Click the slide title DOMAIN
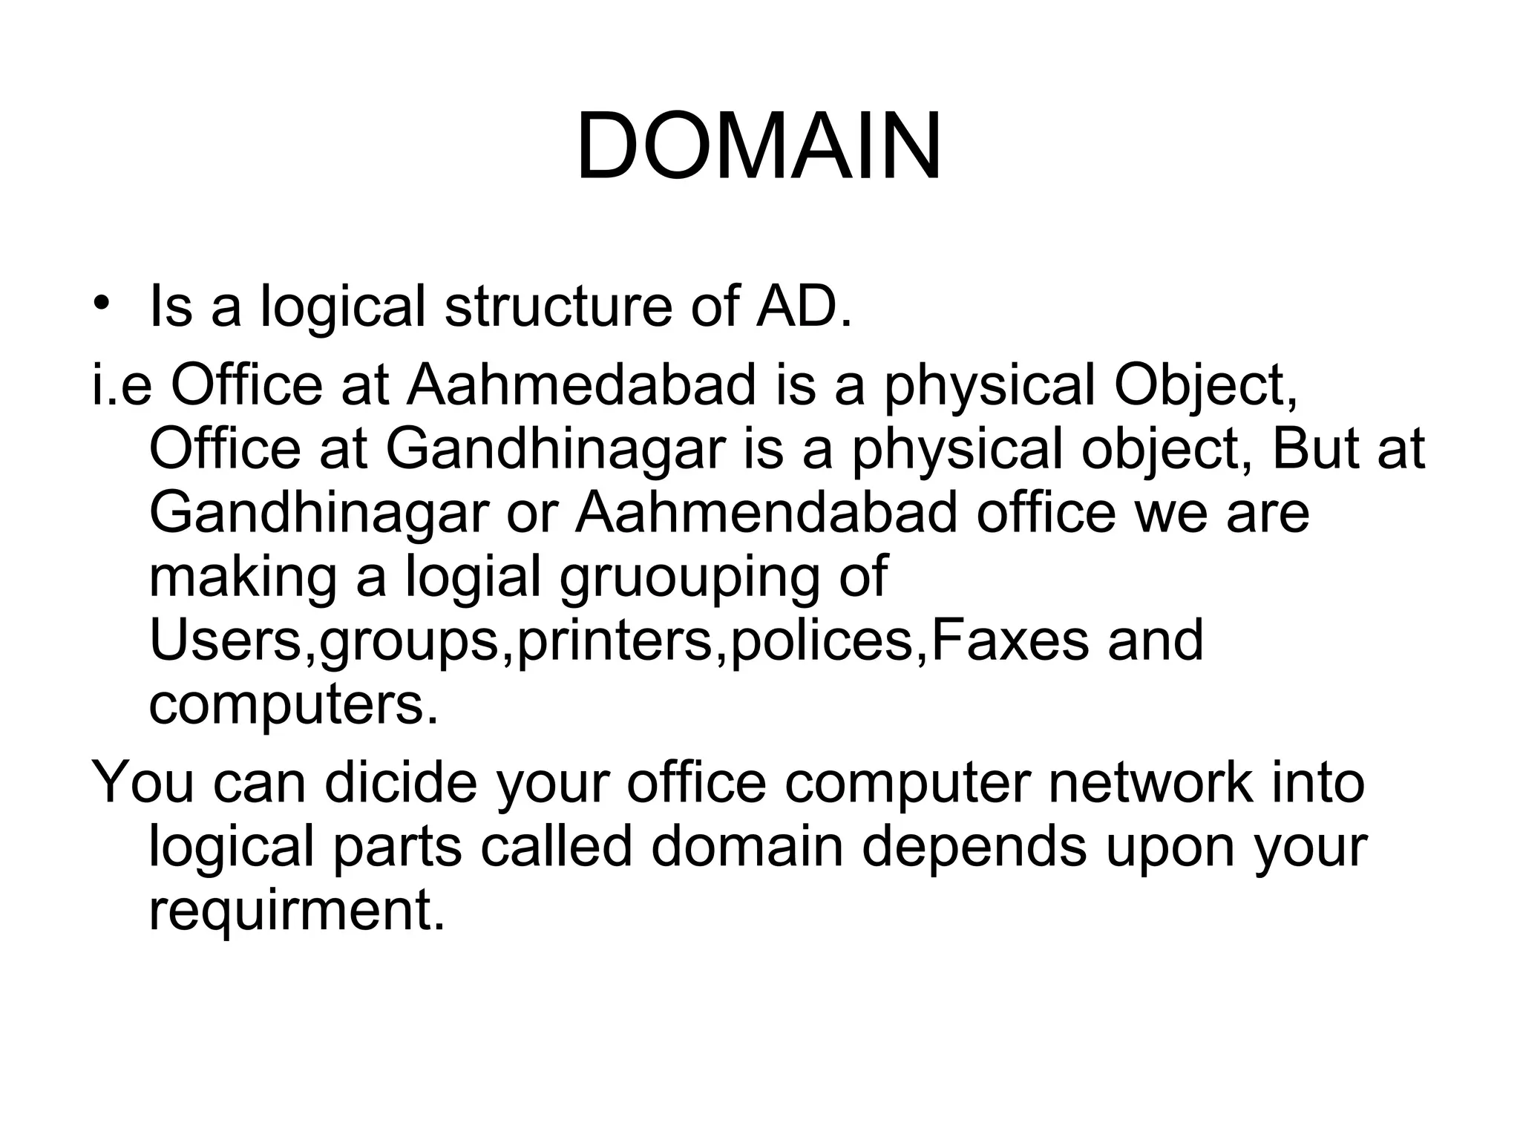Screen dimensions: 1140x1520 click(759, 146)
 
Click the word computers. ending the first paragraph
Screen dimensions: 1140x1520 click(294, 705)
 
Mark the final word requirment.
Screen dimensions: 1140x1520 click(297, 911)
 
